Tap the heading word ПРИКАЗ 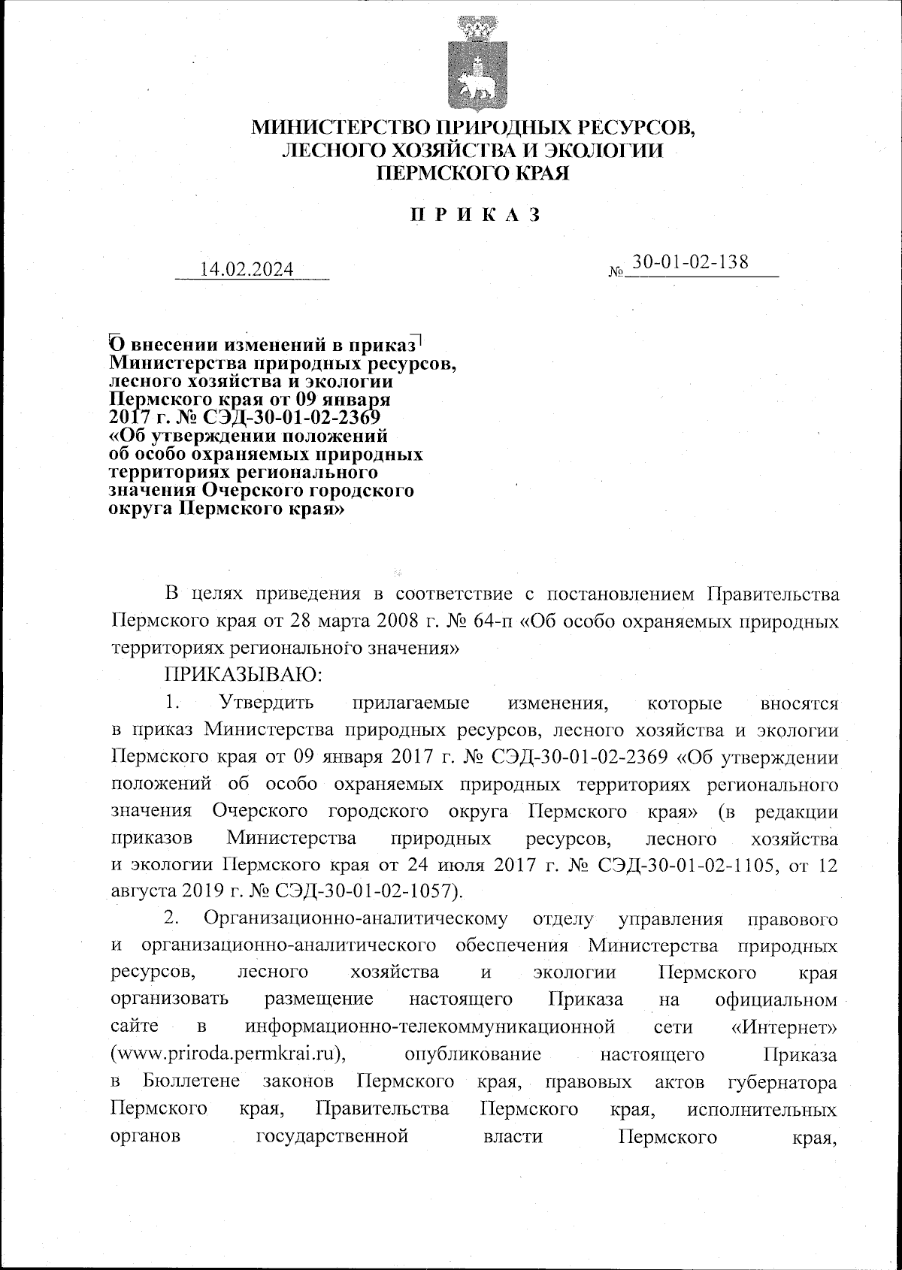click(x=474, y=215)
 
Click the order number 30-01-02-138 click(x=690, y=262)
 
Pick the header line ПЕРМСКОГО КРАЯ click(x=472, y=174)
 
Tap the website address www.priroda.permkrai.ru click(x=228, y=1054)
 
